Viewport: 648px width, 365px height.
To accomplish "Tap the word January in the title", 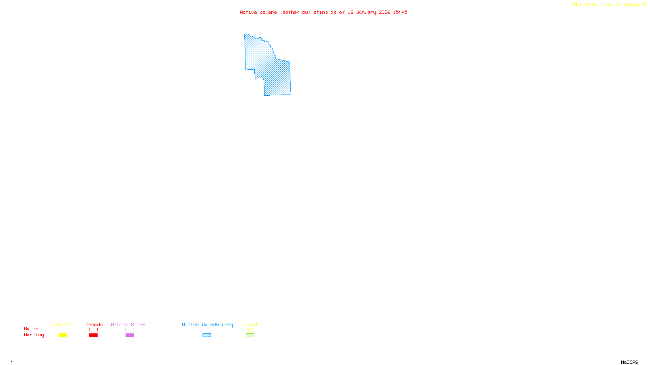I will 366,12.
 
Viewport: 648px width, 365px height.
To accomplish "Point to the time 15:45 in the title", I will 400,12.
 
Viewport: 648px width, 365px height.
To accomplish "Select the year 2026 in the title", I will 384,12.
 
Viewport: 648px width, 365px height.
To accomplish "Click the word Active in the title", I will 248,12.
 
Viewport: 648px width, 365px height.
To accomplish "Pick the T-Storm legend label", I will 62,324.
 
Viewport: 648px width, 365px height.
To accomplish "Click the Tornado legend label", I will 93,324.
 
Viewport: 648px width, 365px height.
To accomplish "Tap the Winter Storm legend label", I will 128,324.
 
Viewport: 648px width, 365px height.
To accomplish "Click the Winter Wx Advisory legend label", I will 207,324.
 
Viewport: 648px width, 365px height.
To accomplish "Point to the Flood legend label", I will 250,324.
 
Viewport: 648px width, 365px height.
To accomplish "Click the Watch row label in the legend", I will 31,328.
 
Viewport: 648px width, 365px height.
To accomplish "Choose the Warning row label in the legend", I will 34,335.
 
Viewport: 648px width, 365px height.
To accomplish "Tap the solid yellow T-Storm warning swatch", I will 63,335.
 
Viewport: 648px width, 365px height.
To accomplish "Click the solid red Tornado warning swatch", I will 93,335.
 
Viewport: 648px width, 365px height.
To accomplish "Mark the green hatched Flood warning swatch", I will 250,335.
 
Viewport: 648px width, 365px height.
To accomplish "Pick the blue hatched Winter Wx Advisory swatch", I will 207,335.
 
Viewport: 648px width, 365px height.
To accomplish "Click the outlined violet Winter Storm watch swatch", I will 130,330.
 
